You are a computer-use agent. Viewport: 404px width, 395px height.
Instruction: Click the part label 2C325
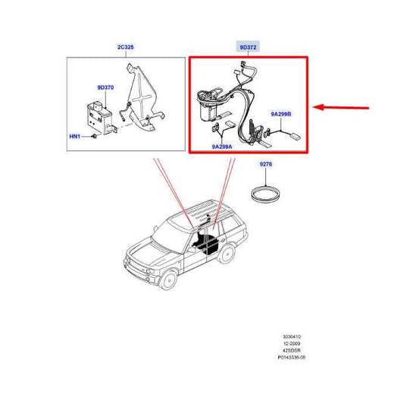click(x=126, y=47)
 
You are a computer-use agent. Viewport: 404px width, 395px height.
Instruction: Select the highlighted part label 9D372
click(x=248, y=48)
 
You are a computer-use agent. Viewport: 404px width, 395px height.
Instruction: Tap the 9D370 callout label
click(x=105, y=87)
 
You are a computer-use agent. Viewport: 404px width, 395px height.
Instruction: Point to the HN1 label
click(x=75, y=136)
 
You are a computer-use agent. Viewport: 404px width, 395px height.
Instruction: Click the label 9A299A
click(x=222, y=147)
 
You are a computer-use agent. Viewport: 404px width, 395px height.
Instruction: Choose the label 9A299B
click(x=281, y=114)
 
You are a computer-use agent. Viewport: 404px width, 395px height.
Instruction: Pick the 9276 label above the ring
click(x=265, y=164)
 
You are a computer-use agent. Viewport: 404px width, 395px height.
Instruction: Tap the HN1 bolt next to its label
click(x=94, y=136)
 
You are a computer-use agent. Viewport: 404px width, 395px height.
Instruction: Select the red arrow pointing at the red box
click(x=341, y=107)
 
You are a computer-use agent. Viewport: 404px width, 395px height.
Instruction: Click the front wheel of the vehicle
click(x=168, y=280)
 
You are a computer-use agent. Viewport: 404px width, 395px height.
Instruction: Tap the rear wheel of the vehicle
click(x=227, y=254)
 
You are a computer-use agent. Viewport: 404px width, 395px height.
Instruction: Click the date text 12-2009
click(x=291, y=343)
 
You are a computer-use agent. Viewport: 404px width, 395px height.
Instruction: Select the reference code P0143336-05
click(x=291, y=358)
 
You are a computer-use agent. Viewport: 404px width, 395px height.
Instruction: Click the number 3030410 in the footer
click(x=291, y=337)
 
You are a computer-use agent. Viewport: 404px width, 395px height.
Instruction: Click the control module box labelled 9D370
click(x=99, y=118)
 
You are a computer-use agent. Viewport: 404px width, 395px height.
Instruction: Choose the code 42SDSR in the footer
click(x=291, y=351)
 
